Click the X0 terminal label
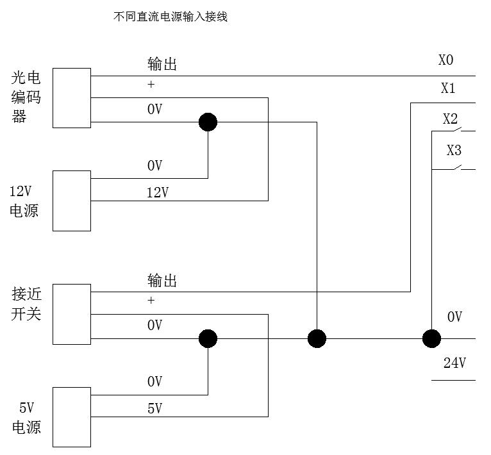[446, 60]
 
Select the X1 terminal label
[448, 88]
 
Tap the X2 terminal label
[451, 119]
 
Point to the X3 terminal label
[454, 151]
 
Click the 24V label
[454, 363]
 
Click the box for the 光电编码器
[71, 98]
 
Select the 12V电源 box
[71, 201]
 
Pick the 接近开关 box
[71, 315]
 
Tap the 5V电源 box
[71, 417]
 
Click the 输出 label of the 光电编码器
[162, 64]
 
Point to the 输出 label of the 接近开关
[162, 281]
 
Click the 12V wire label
[158, 192]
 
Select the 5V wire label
[154, 408]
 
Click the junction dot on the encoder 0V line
[208, 122]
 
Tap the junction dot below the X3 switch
[431, 338]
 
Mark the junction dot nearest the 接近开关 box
[208, 338]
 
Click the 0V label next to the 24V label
[454, 317]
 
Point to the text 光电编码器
[26, 98]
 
